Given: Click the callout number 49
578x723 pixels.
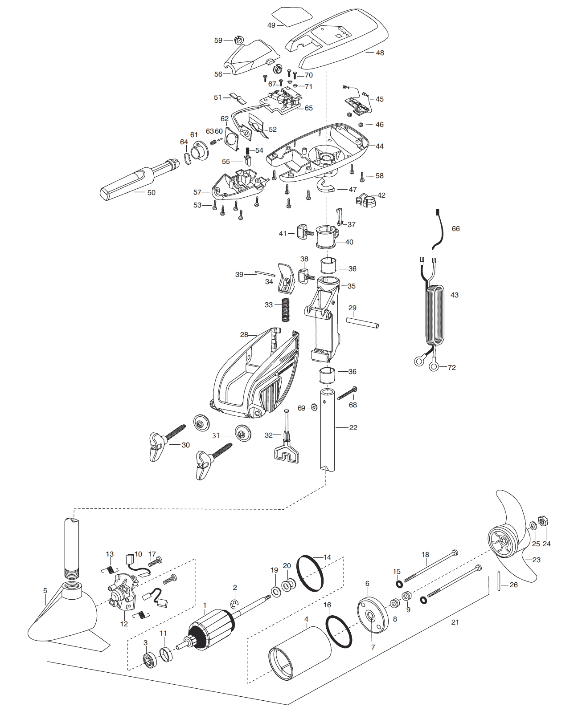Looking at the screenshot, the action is (x=271, y=25).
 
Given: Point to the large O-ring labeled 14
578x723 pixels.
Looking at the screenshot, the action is (x=310, y=573).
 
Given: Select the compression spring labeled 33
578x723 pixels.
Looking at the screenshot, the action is (x=285, y=309).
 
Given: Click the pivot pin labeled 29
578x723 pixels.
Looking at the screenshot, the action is (x=362, y=323).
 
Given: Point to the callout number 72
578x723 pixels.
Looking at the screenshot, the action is (x=451, y=368).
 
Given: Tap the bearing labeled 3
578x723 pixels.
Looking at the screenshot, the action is (x=150, y=660).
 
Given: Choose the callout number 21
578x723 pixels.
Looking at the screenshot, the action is (x=455, y=622).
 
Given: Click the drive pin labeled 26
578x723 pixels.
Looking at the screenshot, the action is (x=500, y=581).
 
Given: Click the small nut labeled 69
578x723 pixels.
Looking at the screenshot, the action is (x=314, y=407).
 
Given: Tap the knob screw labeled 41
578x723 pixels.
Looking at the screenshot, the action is (x=305, y=232).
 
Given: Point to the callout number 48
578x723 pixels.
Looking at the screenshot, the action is (x=380, y=53).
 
